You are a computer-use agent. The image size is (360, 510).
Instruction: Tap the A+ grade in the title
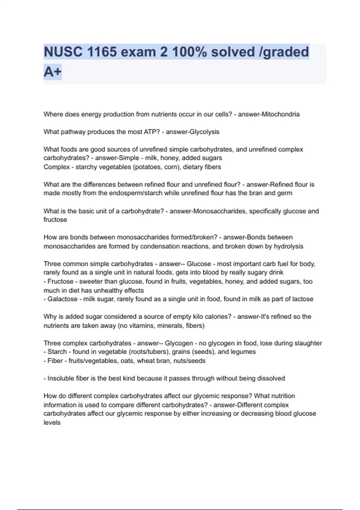pyautogui.click(x=52, y=72)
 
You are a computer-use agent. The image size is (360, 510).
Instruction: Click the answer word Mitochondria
pyautogui.click(x=280, y=114)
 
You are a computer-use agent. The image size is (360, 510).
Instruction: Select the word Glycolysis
pyautogui.click(x=205, y=132)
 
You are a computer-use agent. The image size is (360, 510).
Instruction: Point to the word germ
pyautogui.click(x=285, y=193)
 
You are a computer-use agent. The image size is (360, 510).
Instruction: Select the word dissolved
pyautogui.click(x=270, y=378)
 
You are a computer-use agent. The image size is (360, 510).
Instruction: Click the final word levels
pyautogui.click(x=52, y=422)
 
